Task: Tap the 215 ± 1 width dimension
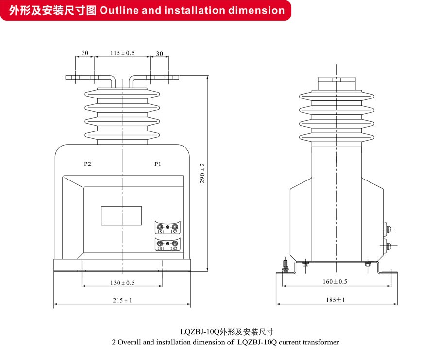click(x=122, y=300)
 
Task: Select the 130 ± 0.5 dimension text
click(x=122, y=282)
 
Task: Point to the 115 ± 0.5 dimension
click(x=122, y=53)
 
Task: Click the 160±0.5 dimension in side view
click(x=335, y=281)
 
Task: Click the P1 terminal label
click(x=158, y=164)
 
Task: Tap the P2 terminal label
click(x=87, y=164)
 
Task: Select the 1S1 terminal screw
click(x=161, y=227)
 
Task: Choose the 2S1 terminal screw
click(x=161, y=244)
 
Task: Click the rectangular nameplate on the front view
click(x=121, y=215)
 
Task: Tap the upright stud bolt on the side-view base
click(x=286, y=266)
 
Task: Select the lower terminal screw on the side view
click(x=387, y=245)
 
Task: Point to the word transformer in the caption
click(x=319, y=342)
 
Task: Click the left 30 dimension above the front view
click(x=85, y=53)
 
